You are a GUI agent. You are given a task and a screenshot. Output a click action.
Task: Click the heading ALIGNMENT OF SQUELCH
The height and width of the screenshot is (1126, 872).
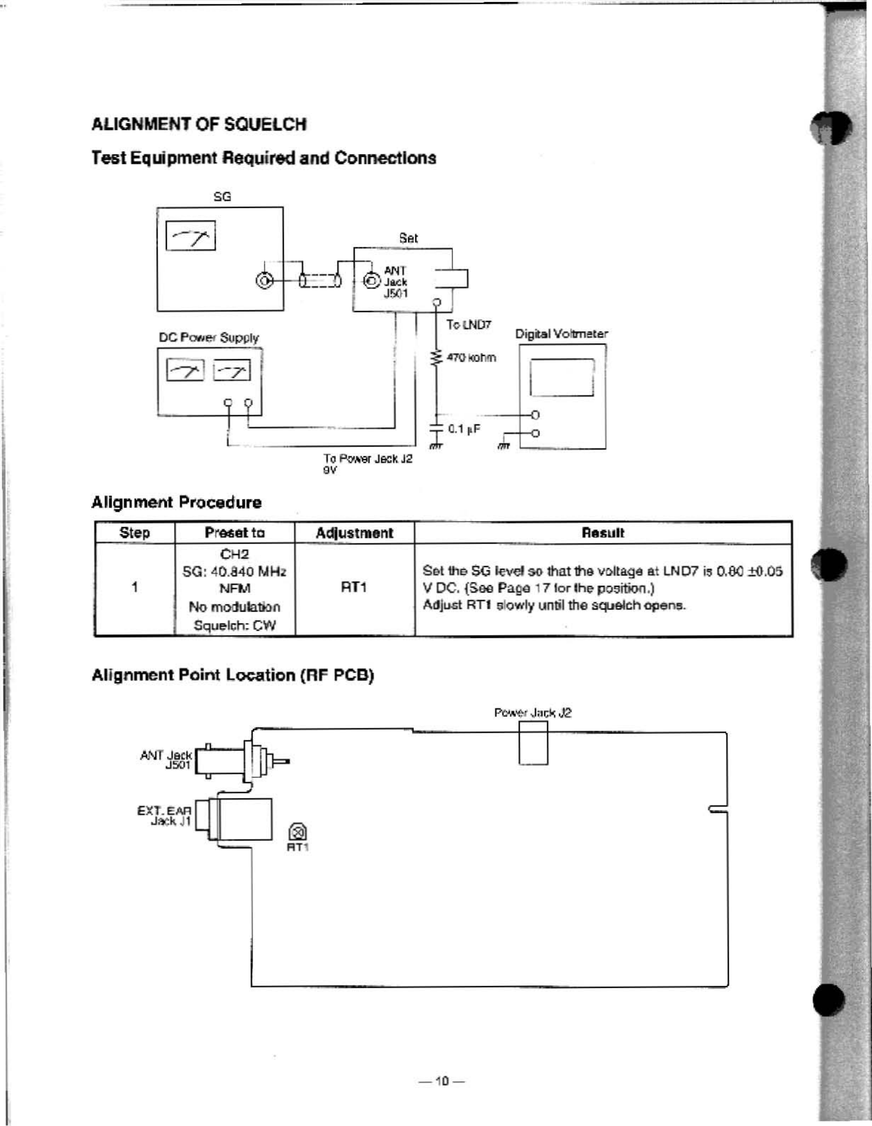(x=199, y=124)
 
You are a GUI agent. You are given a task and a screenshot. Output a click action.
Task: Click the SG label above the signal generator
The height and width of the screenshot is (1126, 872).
(x=222, y=197)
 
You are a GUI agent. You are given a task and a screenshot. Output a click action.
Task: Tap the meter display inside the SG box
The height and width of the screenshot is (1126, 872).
(x=190, y=235)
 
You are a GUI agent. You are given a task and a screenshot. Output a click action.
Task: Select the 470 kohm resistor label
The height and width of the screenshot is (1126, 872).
(x=471, y=357)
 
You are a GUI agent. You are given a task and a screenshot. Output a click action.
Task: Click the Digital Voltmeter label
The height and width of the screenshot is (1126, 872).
(x=562, y=334)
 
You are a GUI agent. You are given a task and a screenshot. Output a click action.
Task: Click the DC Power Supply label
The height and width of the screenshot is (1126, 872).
(x=209, y=338)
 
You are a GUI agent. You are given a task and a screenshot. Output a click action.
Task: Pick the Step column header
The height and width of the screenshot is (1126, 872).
(x=135, y=533)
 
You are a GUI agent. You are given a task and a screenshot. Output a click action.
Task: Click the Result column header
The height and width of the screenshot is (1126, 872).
(x=603, y=533)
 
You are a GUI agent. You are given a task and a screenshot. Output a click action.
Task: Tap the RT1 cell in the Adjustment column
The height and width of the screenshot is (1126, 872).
(x=354, y=587)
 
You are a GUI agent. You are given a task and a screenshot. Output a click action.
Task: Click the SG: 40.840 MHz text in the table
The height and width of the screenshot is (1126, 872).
(x=234, y=571)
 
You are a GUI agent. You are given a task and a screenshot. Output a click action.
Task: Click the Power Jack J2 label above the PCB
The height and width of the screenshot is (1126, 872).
(x=533, y=713)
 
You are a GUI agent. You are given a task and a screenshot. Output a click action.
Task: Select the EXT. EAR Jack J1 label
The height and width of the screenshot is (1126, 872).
(x=164, y=815)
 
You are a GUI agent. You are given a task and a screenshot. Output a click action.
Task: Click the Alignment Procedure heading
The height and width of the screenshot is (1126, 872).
(x=176, y=502)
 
